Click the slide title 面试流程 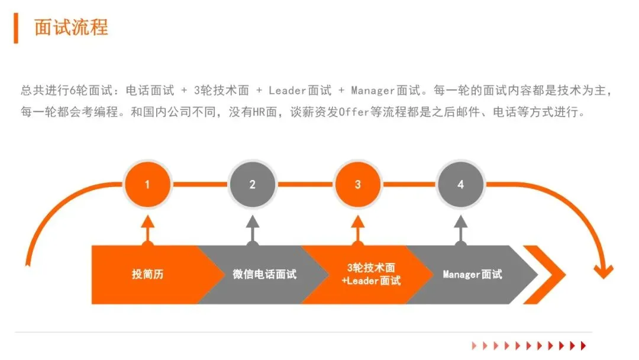coord(71,27)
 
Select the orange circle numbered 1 coord(147,184)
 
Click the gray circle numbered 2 coord(253,184)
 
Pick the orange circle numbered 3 coord(357,184)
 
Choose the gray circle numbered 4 coord(461,184)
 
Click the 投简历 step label coord(147,275)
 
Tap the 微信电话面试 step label coord(264,275)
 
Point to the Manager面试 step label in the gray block coord(472,275)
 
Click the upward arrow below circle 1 coord(147,227)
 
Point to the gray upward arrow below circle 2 coord(253,227)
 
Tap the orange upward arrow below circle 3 coord(357,227)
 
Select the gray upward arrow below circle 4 coord(461,227)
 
